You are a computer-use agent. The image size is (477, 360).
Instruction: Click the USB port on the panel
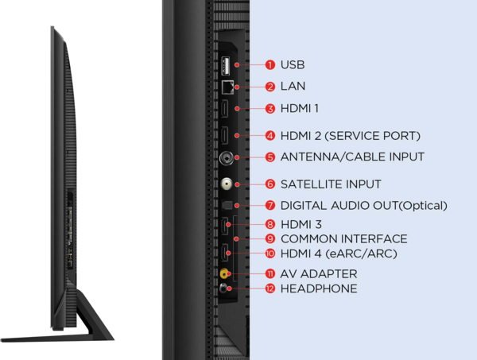coord(226,65)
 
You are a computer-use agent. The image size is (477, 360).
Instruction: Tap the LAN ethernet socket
coord(227,87)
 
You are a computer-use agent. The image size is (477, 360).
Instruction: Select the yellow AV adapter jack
coord(224,273)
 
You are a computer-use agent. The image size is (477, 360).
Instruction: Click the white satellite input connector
coord(227,184)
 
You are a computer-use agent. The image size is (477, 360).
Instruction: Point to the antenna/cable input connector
coord(227,157)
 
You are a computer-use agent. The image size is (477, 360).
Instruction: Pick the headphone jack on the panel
coord(223,288)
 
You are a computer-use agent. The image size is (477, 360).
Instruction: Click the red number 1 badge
coord(270,64)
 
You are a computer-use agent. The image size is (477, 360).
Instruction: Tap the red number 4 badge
coord(270,136)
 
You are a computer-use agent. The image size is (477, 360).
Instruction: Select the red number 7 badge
coord(270,205)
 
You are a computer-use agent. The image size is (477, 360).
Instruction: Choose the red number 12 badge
coord(270,288)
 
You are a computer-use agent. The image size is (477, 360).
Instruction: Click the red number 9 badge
coord(270,238)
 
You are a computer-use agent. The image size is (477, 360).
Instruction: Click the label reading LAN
coord(293,86)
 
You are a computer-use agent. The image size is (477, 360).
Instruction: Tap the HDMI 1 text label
coord(300,108)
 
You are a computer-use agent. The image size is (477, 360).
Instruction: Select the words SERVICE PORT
coord(373,136)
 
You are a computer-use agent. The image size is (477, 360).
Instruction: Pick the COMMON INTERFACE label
coord(344,238)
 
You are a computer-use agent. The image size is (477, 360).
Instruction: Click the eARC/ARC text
coord(361,254)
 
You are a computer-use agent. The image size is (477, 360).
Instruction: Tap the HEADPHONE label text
coord(319,288)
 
